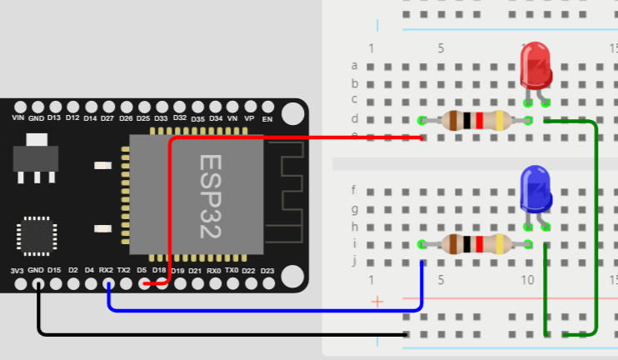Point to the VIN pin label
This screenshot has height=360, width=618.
point(18,118)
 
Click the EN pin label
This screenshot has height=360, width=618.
point(267,118)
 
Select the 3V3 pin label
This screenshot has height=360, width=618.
point(17,271)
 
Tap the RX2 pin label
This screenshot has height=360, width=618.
point(106,271)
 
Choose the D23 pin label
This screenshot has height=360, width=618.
point(267,271)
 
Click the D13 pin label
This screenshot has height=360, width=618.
point(54,118)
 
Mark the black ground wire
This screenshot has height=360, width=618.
point(208,334)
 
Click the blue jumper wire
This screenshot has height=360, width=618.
point(267,310)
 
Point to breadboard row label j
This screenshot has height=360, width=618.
point(355,261)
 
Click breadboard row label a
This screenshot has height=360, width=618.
point(355,65)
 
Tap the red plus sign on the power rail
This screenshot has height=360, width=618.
point(377,301)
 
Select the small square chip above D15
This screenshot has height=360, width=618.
point(36,236)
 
